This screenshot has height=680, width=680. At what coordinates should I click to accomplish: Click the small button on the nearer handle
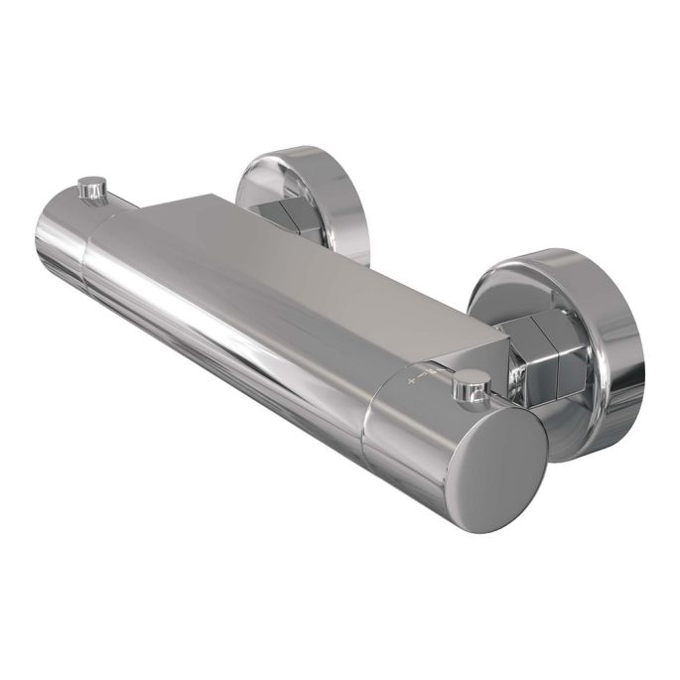(471, 382)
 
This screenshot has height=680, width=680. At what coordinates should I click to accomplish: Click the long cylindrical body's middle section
(228, 318)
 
